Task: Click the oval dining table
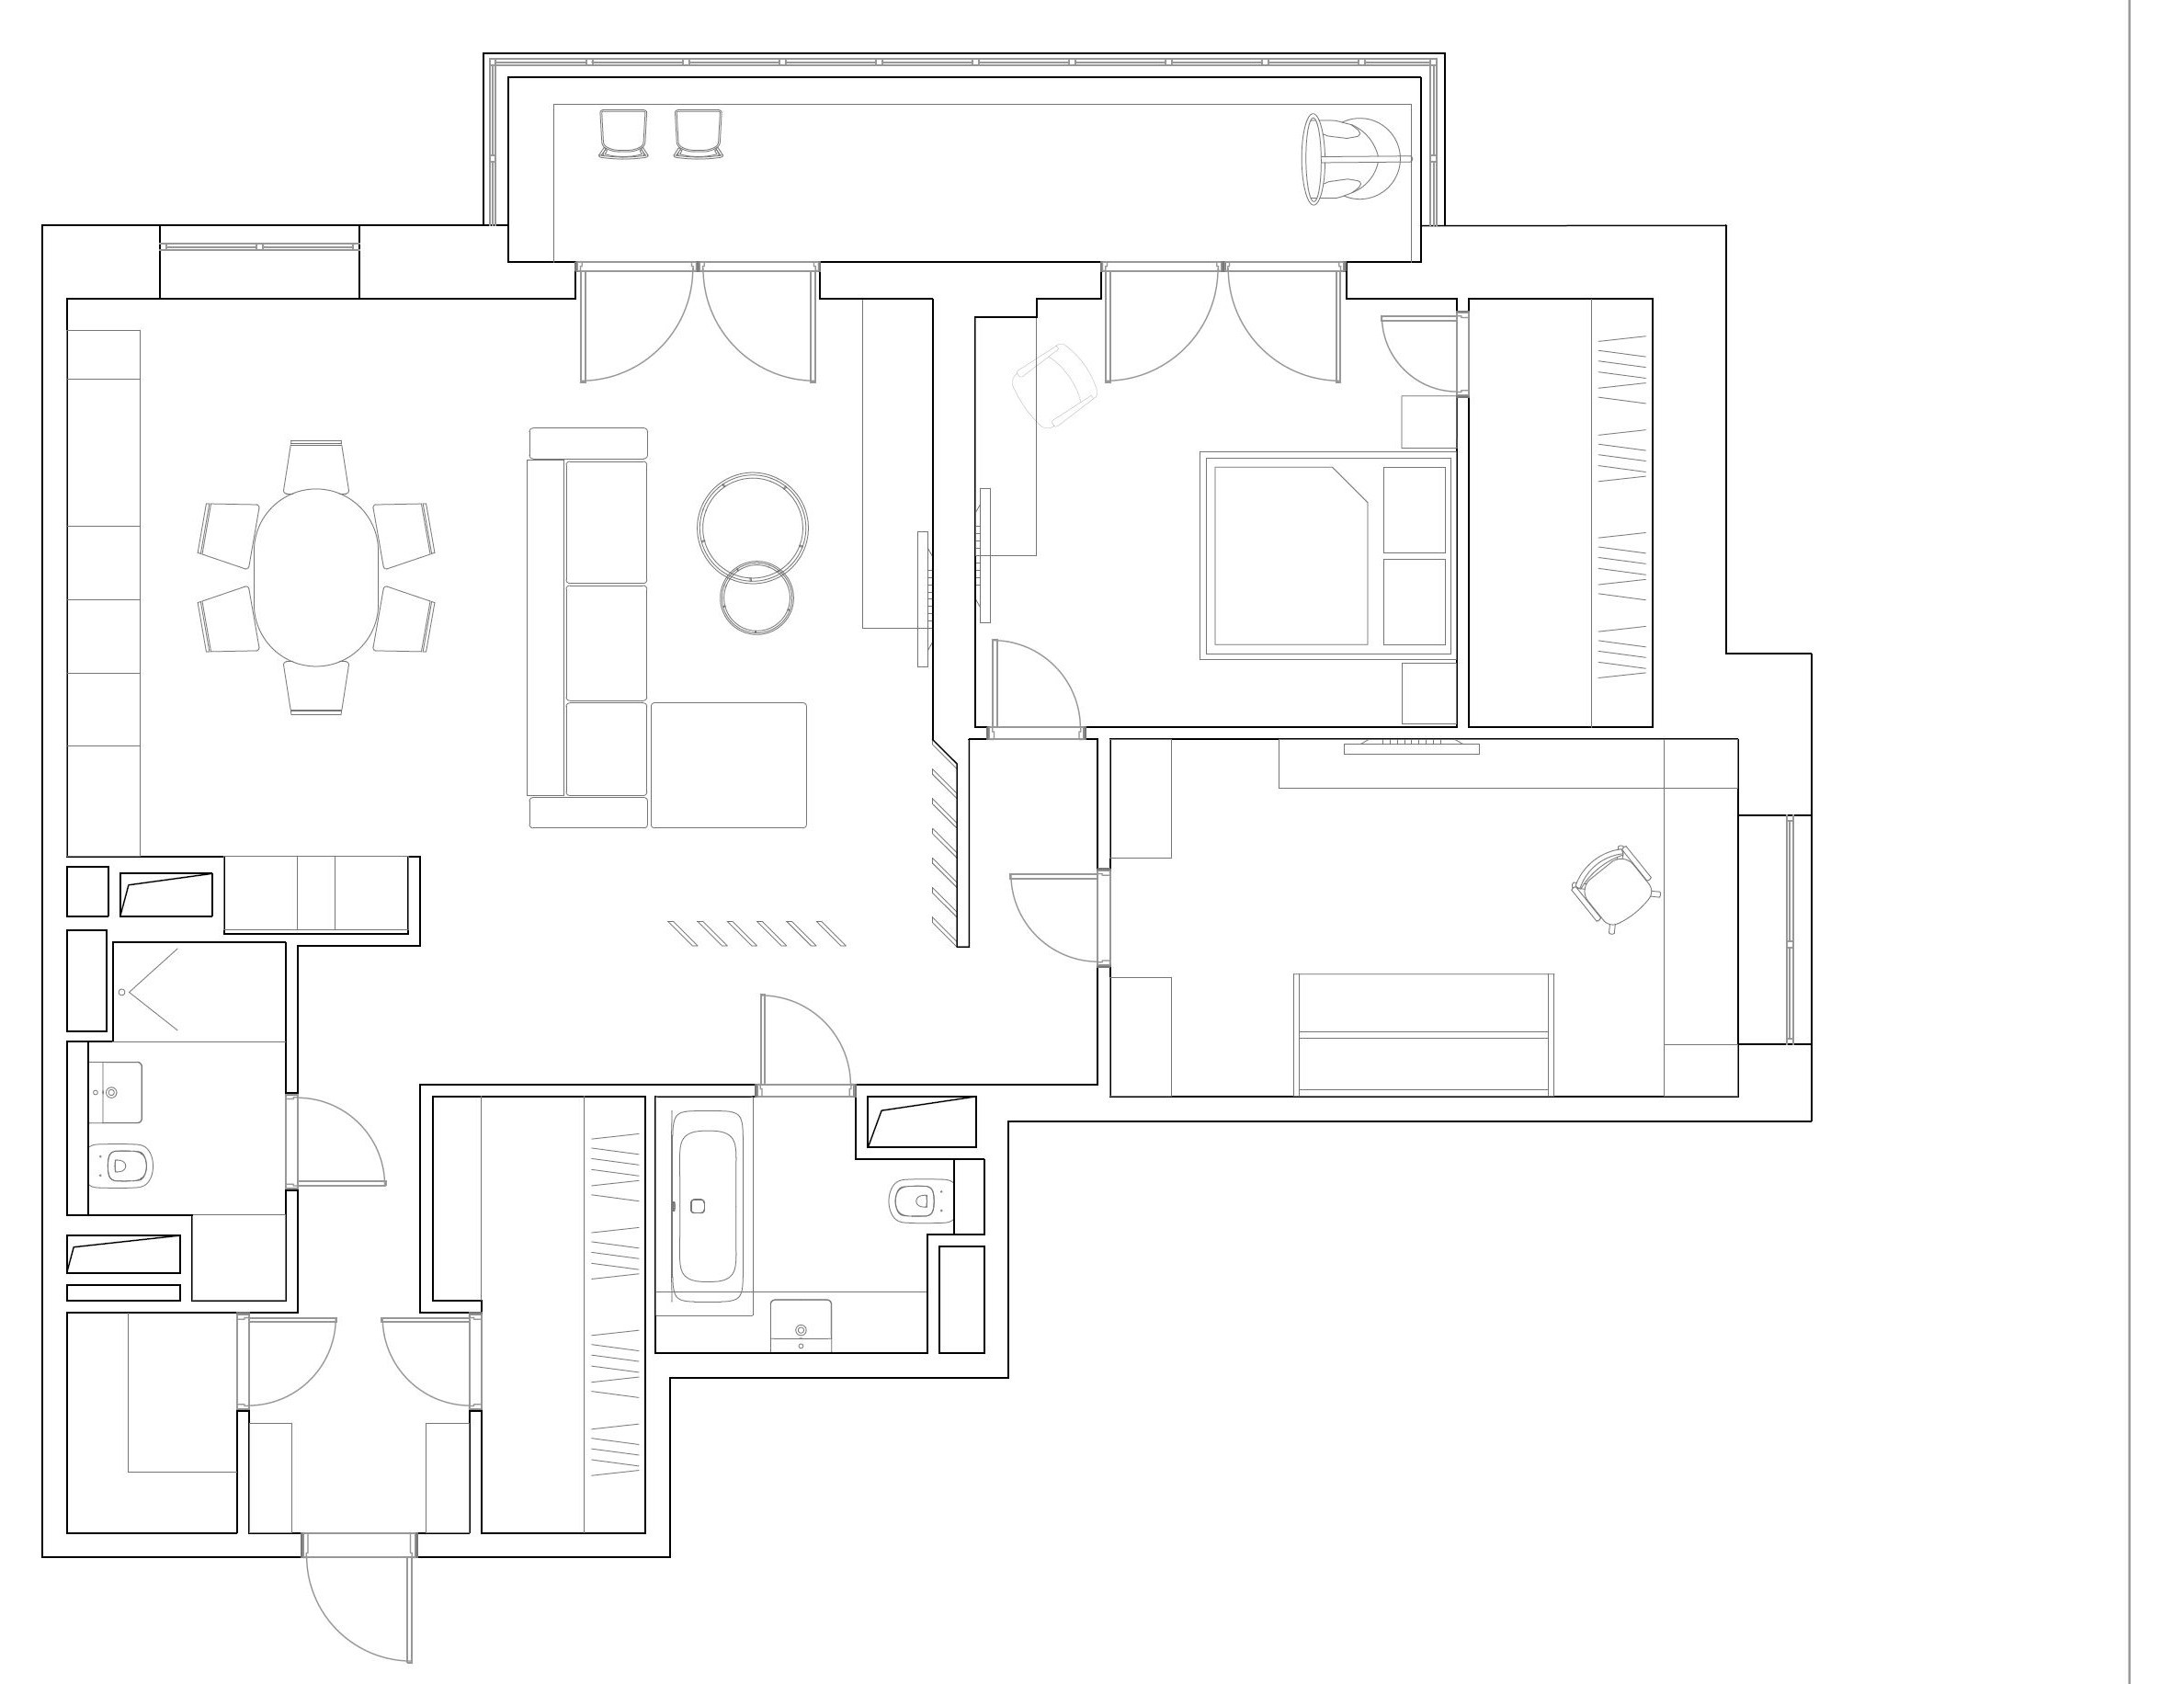[316, 577]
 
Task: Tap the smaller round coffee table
[756, 597]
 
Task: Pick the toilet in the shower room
[123, 1164]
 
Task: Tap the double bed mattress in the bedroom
[1289, 555]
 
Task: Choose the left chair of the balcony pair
[623, 133]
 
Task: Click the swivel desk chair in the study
[1613, 887]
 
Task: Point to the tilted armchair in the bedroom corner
[1054, 386]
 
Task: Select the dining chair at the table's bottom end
[316, 687]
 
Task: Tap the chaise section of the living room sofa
[728, 764]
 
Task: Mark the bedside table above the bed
[1428, 422]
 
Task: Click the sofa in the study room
[1423, 1034]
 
